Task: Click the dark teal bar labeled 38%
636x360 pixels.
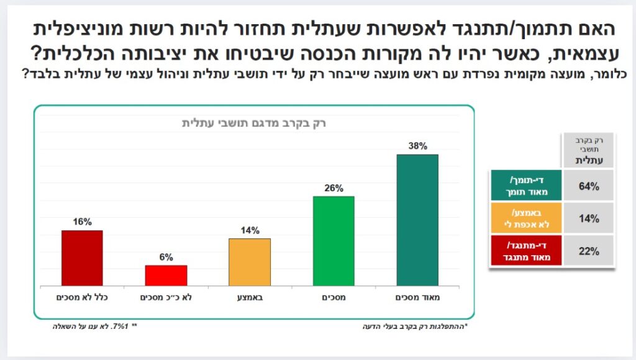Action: (x=417, y=220)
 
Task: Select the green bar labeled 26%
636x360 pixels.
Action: (x=334, y=241)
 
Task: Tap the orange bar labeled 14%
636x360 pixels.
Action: (x=250, y=261)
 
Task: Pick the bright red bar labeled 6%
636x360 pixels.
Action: (x=166, y=275)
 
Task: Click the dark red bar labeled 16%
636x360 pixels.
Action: (x=82, y=258)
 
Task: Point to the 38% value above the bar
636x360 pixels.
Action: (x=417, y=146)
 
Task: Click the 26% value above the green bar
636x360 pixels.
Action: (x=334, y=188)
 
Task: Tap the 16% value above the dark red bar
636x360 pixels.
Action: (x=82, y=222)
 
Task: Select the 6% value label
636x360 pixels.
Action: (x=166, y=257)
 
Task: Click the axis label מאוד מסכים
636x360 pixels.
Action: (x=417, y=297)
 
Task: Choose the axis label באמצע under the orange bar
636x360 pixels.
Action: (x=250, y=297)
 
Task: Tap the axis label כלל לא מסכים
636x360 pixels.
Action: (x=82, y=297)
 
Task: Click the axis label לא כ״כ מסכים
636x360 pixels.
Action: (x=166, y=297)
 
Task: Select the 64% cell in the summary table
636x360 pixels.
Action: (x=589, y=186)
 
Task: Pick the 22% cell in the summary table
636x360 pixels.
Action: (x=589, y=251)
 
